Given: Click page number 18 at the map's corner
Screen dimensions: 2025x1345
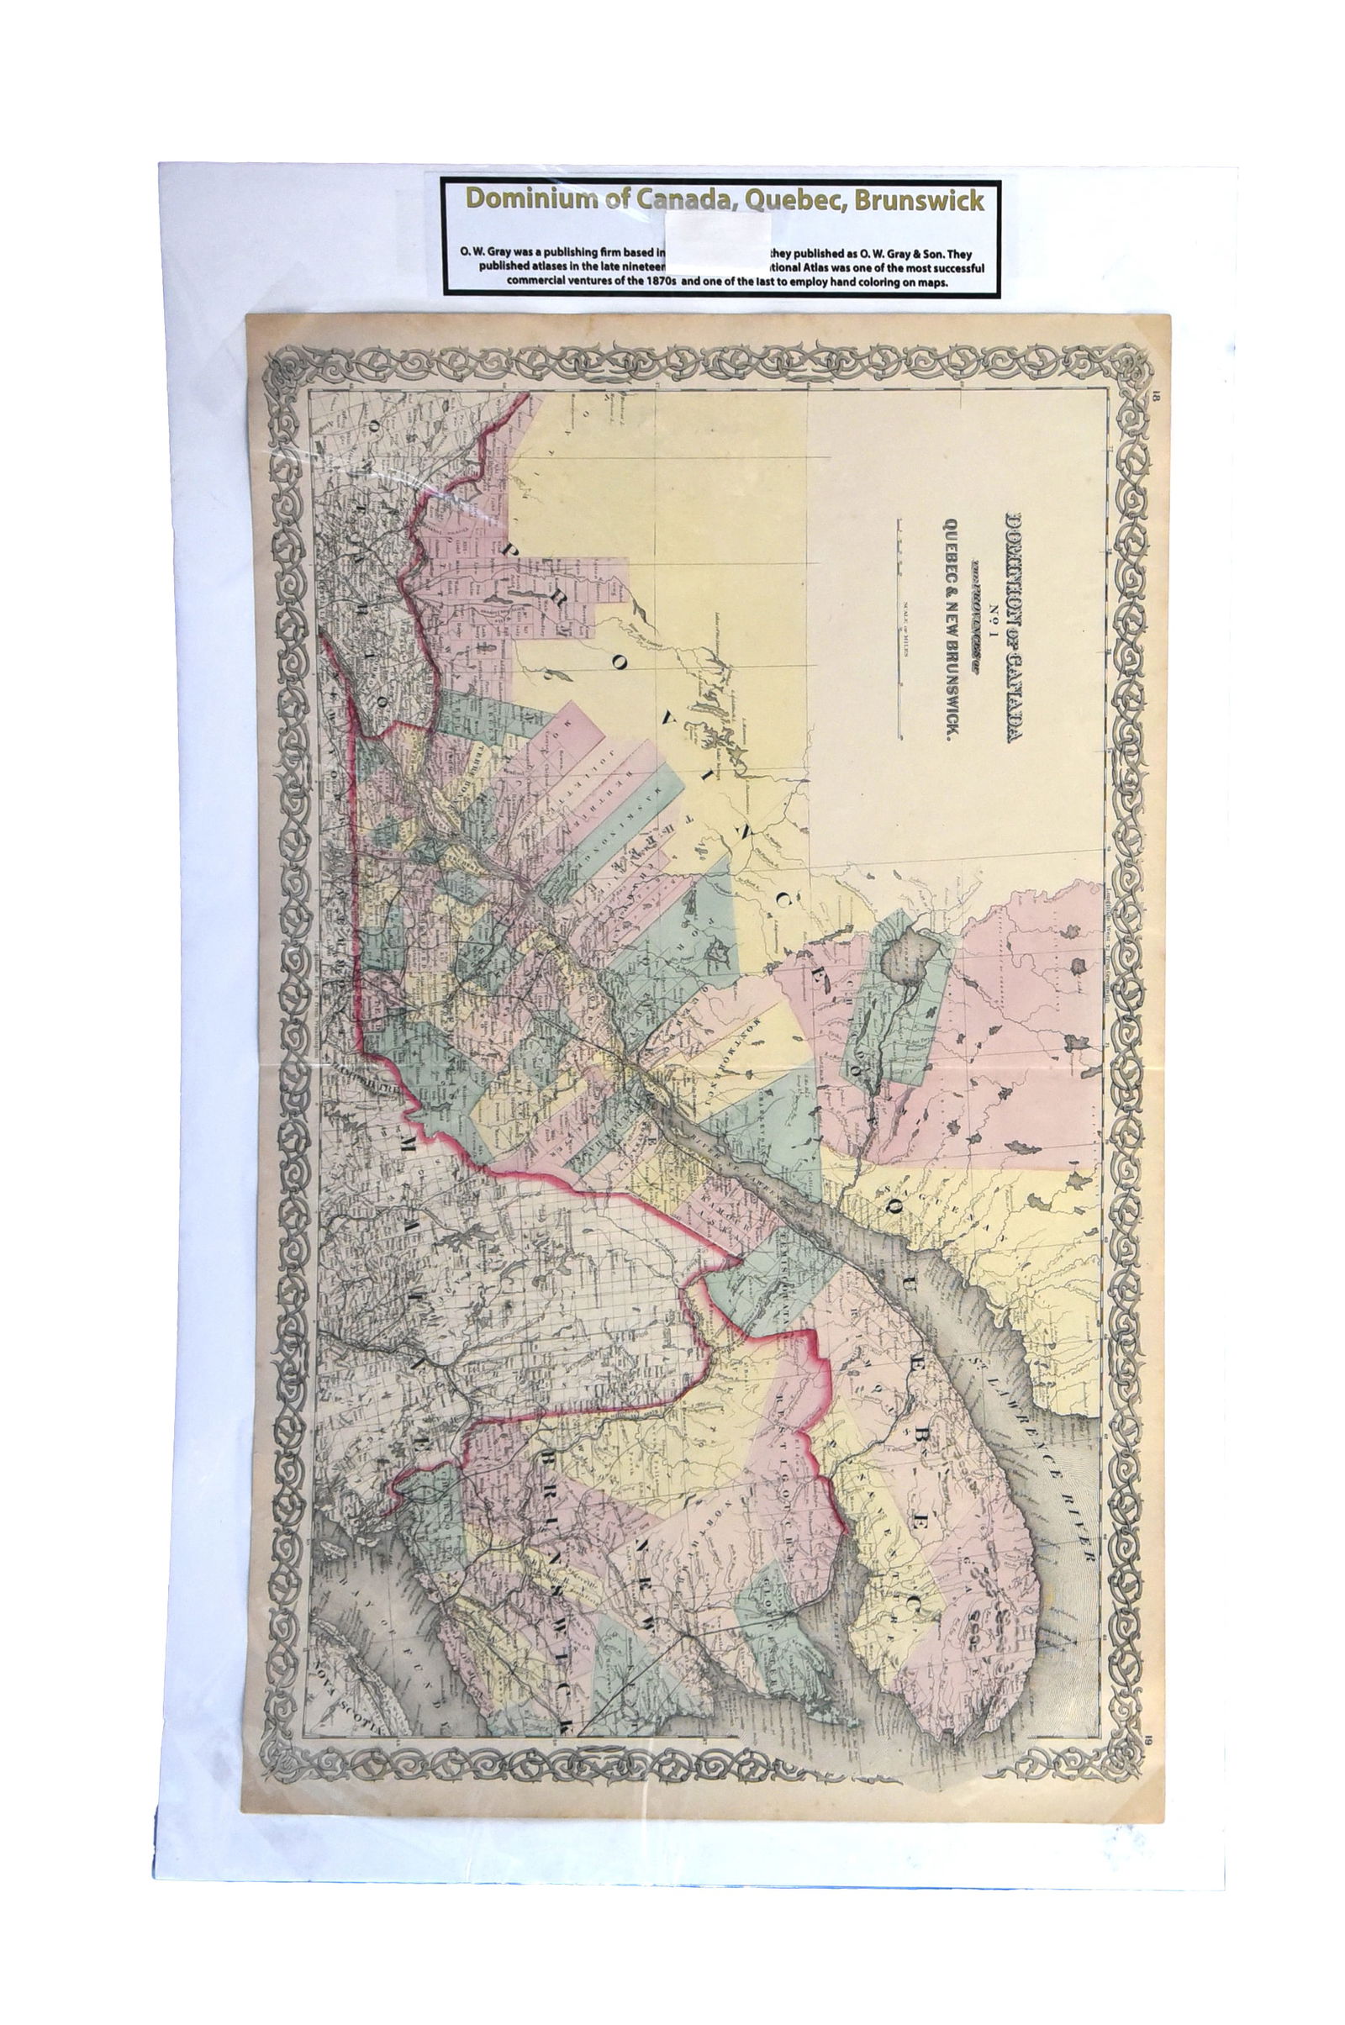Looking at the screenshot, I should tap(1158, 397).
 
